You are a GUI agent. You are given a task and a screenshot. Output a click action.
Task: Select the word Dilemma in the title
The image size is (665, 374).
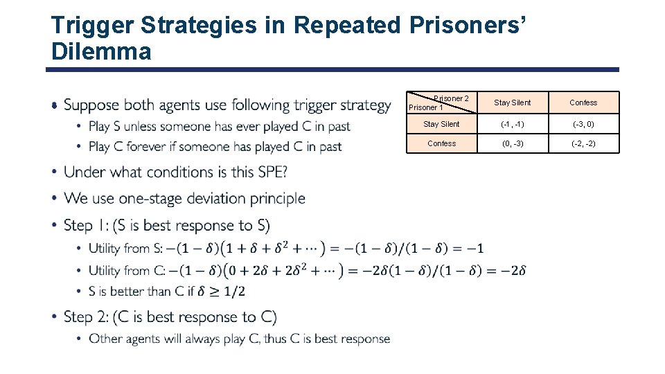coord(101,51)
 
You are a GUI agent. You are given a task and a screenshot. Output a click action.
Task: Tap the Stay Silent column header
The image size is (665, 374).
coord(512,103)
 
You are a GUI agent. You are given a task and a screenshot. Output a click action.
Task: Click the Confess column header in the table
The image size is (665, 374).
coord(583,103)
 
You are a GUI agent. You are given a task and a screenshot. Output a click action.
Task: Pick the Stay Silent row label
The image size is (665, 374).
coord(441,124)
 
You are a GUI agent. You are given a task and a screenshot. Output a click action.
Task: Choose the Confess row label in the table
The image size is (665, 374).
coord(441,143)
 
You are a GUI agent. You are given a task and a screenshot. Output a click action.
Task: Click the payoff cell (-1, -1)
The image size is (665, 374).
coord(512,124)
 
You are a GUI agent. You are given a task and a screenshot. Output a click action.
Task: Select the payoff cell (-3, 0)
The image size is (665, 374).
coord(583,124)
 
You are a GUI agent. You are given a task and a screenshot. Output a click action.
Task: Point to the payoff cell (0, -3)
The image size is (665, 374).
coord(512,143)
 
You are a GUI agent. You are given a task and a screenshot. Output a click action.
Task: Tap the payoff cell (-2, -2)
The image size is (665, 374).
coord(583,143)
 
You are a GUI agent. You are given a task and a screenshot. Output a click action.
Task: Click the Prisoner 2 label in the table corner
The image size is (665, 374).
coord(451,98)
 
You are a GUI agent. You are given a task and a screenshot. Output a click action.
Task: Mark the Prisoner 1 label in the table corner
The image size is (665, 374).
coord(425,107)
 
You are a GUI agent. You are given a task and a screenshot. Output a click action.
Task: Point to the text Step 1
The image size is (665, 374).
coord(87,225)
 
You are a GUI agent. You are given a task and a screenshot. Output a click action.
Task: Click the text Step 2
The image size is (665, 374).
coord(88,317)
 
